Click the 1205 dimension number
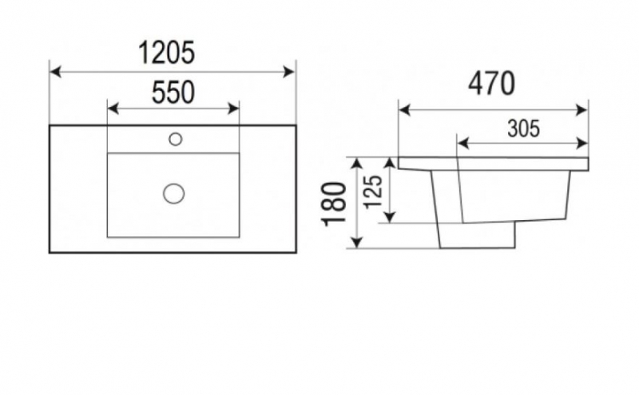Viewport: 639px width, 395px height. click(167, 53)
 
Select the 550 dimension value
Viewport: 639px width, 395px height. click(173, 93)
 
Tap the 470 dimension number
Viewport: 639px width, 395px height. click(491, 83)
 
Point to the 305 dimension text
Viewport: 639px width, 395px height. click(522, 127)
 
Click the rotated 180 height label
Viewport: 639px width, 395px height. click(336, 204)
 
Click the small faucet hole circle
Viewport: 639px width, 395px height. click(176, 140)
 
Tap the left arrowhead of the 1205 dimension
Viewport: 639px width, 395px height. click(54, 72)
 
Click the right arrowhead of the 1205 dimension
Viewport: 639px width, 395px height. click(291, 72)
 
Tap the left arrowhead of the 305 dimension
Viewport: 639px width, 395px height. click(461, 144)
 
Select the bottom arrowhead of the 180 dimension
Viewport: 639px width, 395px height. click(357, 243)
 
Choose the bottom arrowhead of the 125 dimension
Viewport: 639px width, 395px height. click(390, 217)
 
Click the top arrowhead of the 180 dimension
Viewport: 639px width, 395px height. click(357, 162)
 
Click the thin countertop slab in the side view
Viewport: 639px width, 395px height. click(493, 164)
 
